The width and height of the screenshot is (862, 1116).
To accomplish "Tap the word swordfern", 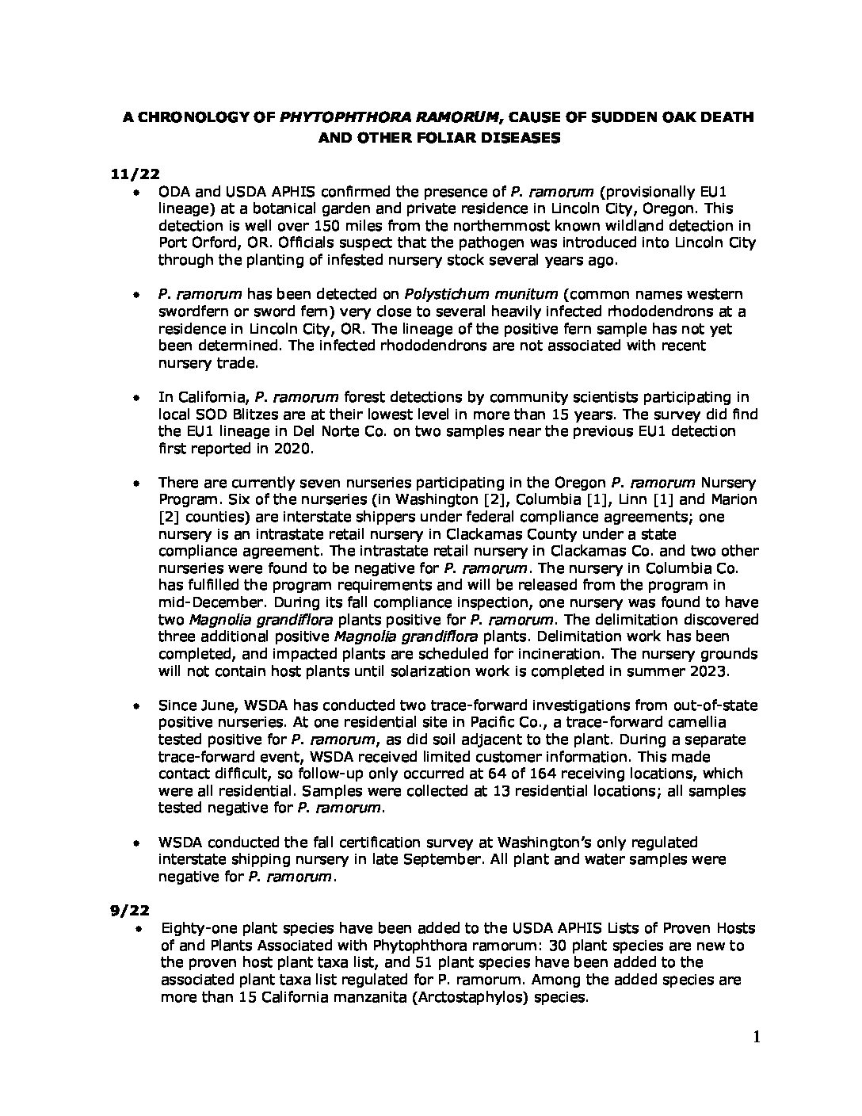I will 196,311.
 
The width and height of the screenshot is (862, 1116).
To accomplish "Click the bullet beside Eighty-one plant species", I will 139,928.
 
